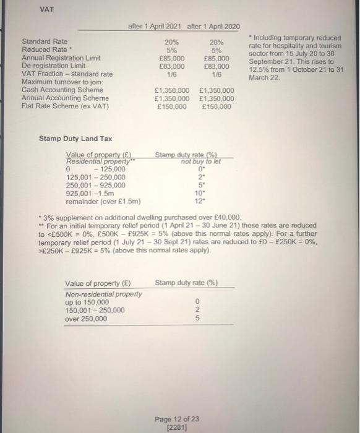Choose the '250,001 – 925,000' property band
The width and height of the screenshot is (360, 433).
coord(95,185)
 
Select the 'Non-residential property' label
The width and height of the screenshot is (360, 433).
coord(103,294)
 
